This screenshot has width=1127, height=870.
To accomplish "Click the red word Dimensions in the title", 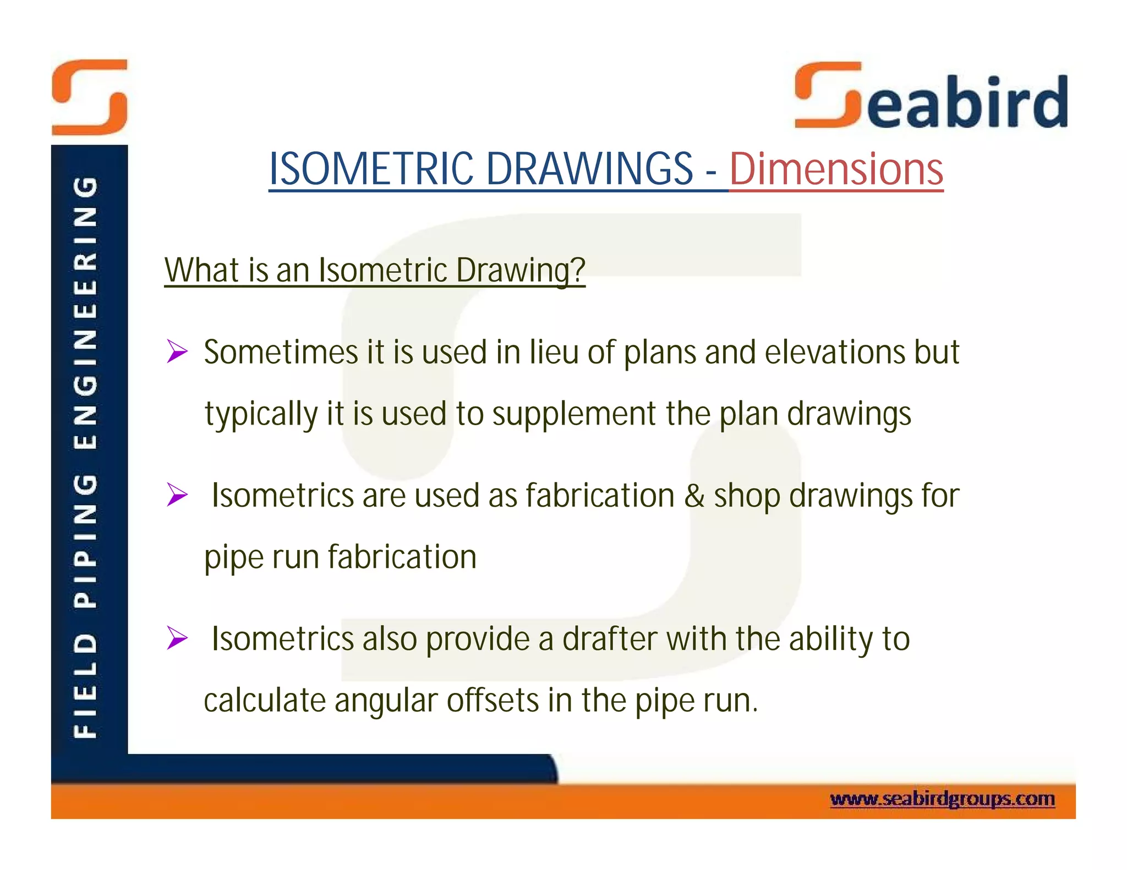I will pos(836,169).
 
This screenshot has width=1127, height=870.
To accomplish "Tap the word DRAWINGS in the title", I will pos(589,169).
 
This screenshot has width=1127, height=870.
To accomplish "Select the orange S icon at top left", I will pos(90,97).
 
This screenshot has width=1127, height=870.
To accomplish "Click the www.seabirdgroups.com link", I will pos(942,799).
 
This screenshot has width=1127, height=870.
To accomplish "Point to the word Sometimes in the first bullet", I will pos(281,352).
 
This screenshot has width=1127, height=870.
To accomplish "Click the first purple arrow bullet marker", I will pos(177,352).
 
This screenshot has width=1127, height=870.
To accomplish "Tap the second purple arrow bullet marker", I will pos(177,495).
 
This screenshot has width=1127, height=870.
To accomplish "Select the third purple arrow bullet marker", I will pos(177,638).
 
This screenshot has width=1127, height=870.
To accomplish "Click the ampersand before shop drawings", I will pos(694,495).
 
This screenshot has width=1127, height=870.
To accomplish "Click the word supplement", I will pos(574,414).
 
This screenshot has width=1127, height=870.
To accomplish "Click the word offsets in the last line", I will pos(493,701).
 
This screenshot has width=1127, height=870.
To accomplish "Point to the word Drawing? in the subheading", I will pos(520,271).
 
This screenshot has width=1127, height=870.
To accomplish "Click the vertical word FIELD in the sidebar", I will pos(86,685).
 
